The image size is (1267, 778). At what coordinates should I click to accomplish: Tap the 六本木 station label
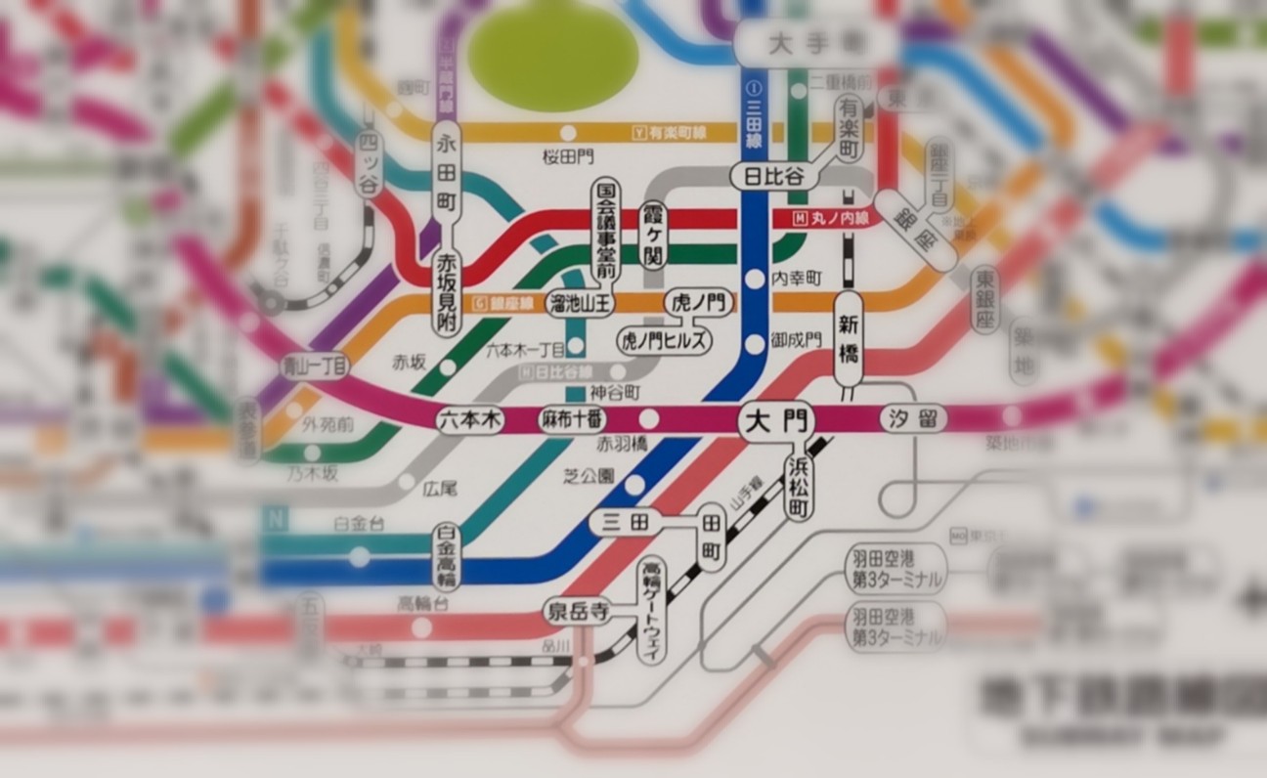[x=469, y=420]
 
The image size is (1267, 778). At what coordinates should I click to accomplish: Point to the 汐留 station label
[x=914, y=419]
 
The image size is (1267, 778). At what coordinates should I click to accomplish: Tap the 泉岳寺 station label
[x=577, y=613]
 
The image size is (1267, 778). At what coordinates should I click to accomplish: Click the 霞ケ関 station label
[x=652, y=235]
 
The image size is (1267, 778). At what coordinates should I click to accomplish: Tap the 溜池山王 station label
[x=580, y=304]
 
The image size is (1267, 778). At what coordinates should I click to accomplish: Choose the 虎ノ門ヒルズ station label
[x=664, y=340]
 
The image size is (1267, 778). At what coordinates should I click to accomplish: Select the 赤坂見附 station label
[x=447, y=290]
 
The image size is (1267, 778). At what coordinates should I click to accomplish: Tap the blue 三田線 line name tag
[x=753, y=123]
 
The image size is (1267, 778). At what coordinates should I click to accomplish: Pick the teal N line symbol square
[x=273, y=519]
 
